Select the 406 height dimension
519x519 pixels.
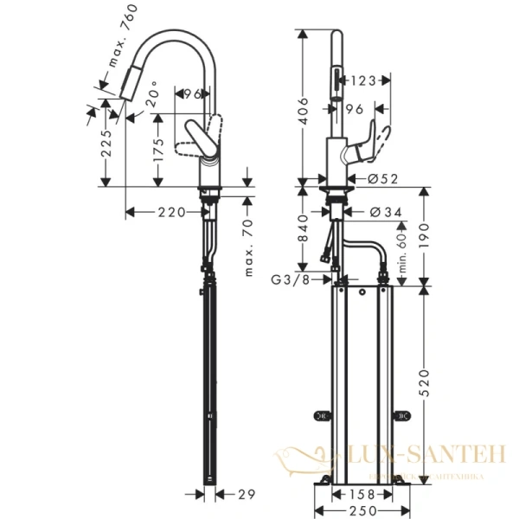pos(301,108)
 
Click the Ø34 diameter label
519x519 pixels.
pos(383,212)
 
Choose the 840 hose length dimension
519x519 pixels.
pos(301,230)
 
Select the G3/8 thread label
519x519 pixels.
pos(289,279)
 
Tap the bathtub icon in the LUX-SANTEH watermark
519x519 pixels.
pos(302,455)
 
